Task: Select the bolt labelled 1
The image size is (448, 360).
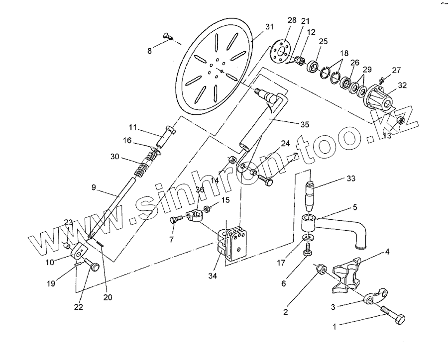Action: tap(393, 316)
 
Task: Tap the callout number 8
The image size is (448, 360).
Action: tap(149, 51)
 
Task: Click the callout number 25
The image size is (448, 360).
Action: tap(323, 41)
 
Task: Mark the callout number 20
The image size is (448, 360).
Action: tap(108, 298)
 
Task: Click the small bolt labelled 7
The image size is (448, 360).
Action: tap(174, 220)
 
